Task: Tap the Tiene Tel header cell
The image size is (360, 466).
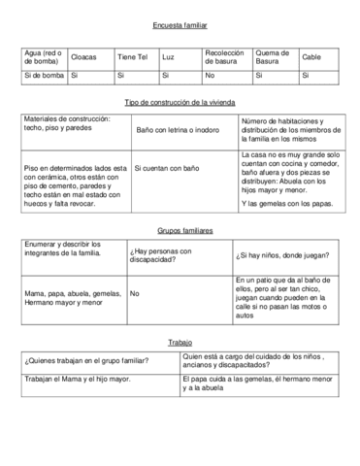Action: point(132,57)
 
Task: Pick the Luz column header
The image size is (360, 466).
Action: point(168,57)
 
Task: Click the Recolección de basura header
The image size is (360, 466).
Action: point(224,57)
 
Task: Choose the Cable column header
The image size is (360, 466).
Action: point(311,57)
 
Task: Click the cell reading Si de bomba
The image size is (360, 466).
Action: point(41,75)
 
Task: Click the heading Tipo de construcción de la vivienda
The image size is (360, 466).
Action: point(180,102)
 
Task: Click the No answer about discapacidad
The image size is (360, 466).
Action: point(134,292)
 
